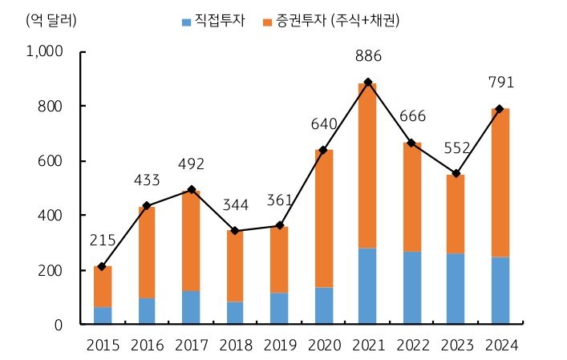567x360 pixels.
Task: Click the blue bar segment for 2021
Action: (x=367, y=286)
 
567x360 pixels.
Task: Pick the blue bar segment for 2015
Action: (x=103, y=316)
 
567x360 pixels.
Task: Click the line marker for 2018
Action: (x=235, y=231)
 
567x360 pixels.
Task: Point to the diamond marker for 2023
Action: (x=456, y=174)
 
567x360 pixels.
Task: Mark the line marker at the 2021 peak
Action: (x=367, y=83)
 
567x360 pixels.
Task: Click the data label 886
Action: (x=367, y=56)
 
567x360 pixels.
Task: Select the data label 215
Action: (x=103, y=241)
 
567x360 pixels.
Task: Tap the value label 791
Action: (x=500, y=83)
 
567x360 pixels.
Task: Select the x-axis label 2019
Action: (x=279, y=346)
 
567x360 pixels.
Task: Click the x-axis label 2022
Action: (x=412, y=346)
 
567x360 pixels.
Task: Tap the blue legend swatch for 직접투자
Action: (x=187, y=20)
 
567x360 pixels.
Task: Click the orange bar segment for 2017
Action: (x=191, y=241)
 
